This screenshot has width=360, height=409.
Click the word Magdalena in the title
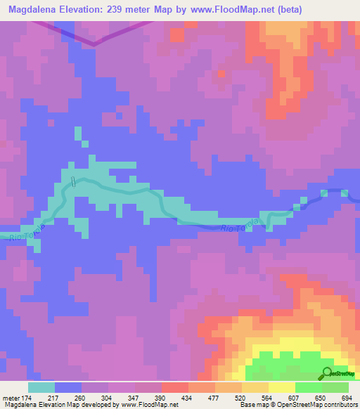coord(33,9)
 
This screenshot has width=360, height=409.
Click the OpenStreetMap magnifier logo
coord(328,373)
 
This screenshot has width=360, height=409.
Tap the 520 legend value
coord(242,397)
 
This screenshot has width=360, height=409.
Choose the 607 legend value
coord(295,397)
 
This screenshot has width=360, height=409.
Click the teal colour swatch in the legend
coord(41,387)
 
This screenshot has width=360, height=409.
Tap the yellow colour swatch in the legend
coord(281,387)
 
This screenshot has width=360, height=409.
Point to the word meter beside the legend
coord(10,397)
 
